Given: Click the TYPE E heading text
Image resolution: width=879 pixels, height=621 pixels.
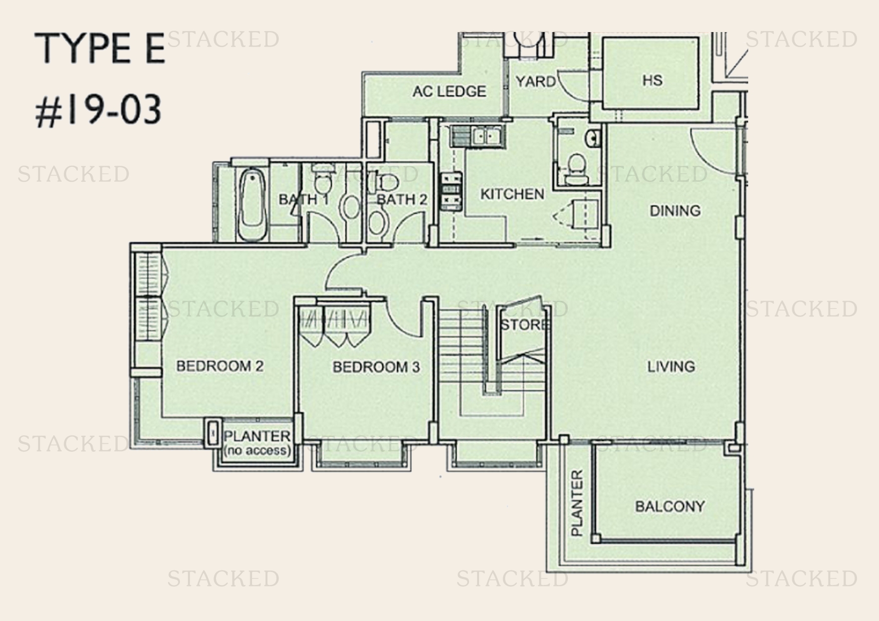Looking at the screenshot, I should [99, 49].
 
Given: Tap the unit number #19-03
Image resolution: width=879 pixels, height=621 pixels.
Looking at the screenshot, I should [98, 111].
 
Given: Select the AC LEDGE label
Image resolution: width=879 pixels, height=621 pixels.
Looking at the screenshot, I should [449, 92].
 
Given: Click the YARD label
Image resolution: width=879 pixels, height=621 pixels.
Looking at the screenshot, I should [535, 82].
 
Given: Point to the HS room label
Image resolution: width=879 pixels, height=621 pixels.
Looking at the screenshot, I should [652, 80].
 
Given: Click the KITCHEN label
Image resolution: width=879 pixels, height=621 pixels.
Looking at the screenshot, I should [512, 194].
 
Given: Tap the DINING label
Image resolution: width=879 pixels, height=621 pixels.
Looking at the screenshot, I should [675, 211].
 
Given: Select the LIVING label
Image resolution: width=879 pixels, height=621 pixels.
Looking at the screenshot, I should [671, 367].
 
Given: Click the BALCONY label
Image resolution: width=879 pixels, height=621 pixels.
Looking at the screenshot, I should [670, 506].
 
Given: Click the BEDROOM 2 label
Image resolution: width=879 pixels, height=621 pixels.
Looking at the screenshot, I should [219, 366].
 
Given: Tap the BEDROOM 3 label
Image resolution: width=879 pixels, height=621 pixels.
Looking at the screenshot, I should [376, 367].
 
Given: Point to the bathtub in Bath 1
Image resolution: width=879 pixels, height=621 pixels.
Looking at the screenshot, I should [251, 205].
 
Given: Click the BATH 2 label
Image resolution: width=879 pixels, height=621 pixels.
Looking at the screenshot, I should [401, 200].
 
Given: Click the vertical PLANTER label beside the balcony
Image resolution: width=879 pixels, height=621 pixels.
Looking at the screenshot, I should [577, 502].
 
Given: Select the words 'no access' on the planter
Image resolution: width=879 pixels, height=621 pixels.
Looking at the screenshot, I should [257, 450].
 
